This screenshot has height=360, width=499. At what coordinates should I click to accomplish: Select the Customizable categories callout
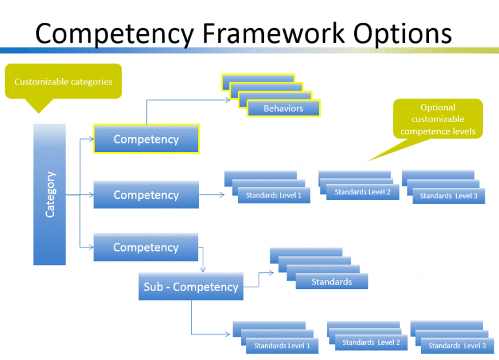click(x=63, y=81)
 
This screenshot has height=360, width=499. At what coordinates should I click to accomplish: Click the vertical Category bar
click(x=49, y=194)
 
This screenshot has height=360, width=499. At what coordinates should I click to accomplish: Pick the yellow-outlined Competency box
click(x=146, y=139)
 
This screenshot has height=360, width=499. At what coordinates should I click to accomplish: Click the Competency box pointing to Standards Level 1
click(x=146, y=195)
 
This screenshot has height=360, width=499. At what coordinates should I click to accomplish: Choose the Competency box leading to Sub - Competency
click(x=146, y=248)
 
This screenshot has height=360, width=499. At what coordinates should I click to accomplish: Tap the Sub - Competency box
click(x=191, y=287)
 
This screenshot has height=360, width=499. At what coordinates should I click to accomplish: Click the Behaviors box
click(x=283, y=109)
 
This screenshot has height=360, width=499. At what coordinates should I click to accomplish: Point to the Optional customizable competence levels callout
click(x=437, y=119)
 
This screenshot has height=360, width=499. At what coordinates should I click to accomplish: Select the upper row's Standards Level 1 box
click(x=274, y=195)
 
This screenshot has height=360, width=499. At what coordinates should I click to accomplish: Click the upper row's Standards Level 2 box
click(x=363, y=192)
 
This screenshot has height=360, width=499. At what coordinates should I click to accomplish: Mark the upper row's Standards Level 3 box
click(x=448, y=196)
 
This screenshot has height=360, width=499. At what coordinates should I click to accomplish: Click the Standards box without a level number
click(x=331, y=281)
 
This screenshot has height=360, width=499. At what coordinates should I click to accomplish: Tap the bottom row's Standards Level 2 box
click(x=371, y=342)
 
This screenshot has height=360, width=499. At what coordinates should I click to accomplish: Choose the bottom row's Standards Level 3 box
click(x=457, y=346)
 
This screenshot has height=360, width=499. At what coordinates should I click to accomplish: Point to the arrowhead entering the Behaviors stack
click(x=228, y=99)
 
